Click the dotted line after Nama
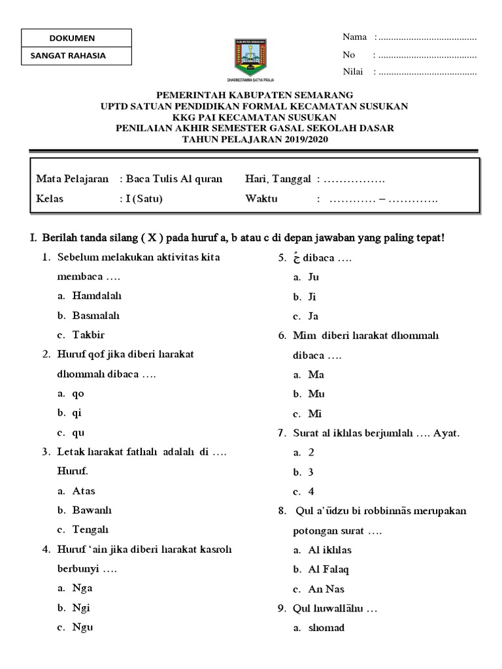click(x=427, y=37)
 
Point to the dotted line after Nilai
click(x=427, y=72)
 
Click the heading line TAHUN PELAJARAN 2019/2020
click(x=255, y=139)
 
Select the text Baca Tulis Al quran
click(x=174, y=179)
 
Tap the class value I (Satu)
click(x=144, y=199)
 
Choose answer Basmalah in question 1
click(x=96, y=316)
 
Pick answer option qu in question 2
click(x=78, y=432)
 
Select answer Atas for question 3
click(x=84, y=491)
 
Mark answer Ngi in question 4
click(x=82, y=607)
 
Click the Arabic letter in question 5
click(x=296, y=257)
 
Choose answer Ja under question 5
click(x=313, y=316)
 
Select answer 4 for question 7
click(x=311, y=491)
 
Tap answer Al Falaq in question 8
click(x=328, y=569)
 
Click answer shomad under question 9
click(x=326, y=628)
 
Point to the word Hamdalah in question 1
click(x=97, y=296)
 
